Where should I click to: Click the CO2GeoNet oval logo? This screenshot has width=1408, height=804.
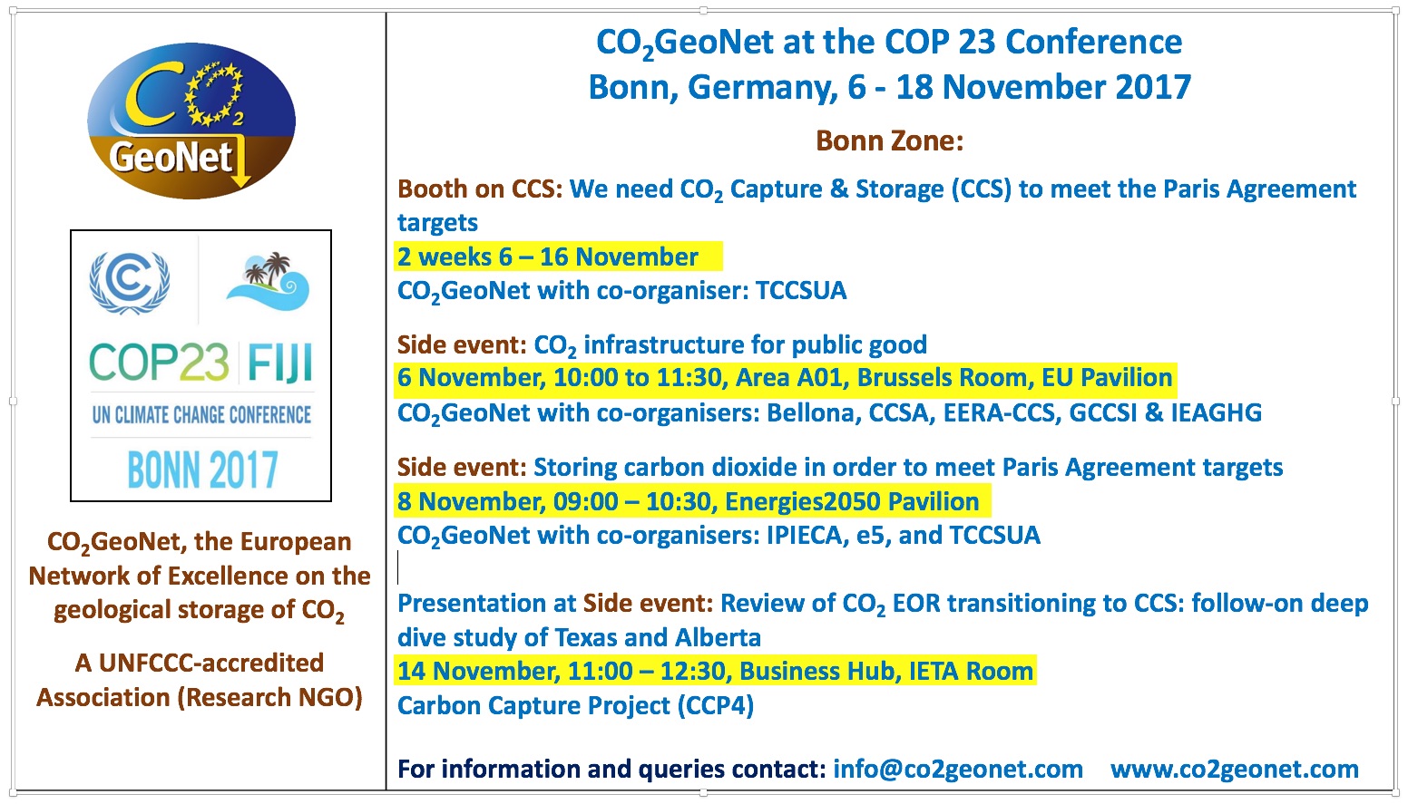point(191,121)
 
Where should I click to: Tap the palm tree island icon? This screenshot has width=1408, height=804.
point(269,282)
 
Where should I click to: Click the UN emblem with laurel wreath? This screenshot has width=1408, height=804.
point(130,283)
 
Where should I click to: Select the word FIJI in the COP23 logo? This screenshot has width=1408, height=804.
point(279,363)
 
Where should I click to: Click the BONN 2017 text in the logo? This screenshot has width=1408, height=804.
point(202,470)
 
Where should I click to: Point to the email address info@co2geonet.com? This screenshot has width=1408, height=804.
point(958,769)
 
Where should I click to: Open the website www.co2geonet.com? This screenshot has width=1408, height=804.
point(1235,769)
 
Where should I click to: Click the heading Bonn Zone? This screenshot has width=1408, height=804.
point(889,140)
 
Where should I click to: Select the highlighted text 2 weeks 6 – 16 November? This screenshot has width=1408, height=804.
point(547,257)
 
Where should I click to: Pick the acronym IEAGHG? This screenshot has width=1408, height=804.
point(1217,412)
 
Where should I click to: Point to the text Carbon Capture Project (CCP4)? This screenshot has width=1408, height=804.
point(576,705)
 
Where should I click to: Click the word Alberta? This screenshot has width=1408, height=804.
point(718,637)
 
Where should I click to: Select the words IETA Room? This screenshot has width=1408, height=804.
point(971,671)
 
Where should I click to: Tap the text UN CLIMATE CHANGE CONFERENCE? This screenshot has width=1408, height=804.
point(201,414)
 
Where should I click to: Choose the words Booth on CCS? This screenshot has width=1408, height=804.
point(480,189)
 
